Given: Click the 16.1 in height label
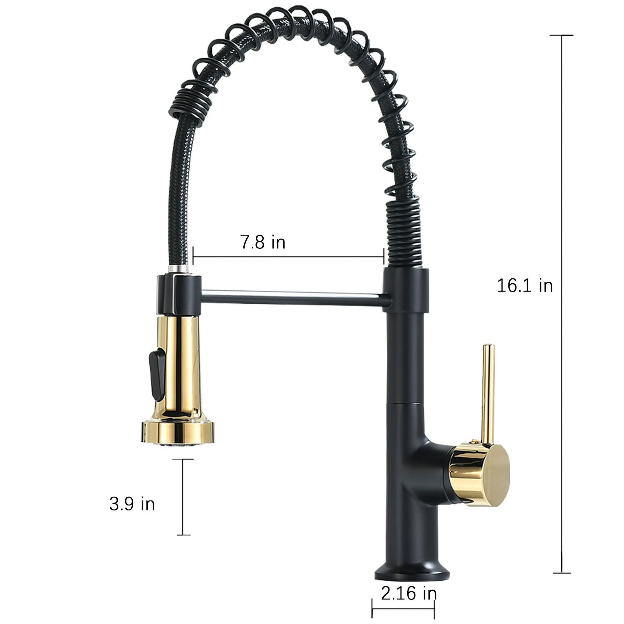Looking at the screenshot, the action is point(525,286).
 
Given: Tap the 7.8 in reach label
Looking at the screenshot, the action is point(263,242).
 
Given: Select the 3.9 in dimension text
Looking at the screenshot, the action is point(132,504).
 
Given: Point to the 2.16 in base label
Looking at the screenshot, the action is point(409,593).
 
